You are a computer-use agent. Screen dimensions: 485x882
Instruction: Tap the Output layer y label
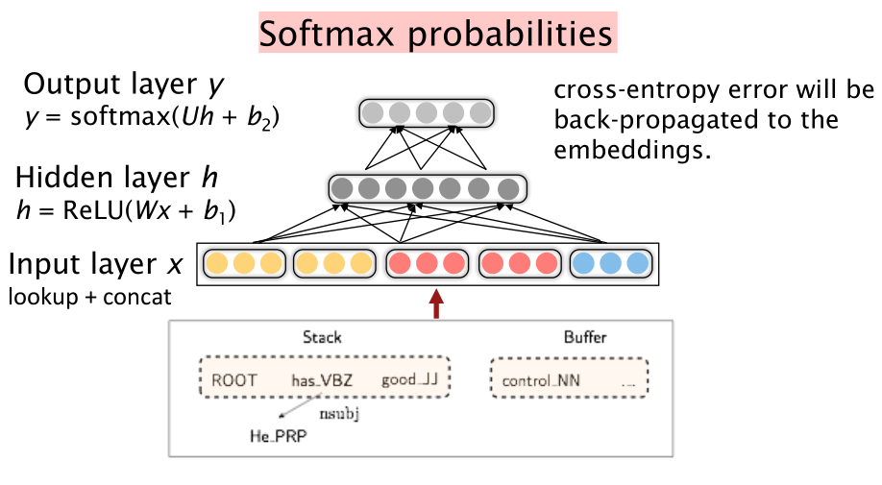pyautogui.click(x=124, y=85)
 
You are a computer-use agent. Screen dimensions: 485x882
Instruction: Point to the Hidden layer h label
pyautogui.click(x=115, y=178)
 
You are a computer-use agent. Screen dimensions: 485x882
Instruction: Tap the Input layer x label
pyautogui.click(x=97, y=264)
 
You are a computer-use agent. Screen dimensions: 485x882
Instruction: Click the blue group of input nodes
pyautogui.click(x=611, y=263)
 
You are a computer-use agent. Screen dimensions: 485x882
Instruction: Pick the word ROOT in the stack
pyautogui.click(x=234, y=380)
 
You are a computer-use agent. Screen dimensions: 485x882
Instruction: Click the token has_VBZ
pyautogui.click(x=322, y=380)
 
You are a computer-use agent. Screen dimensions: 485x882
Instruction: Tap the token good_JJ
pyautogui.click(x=409, y=380)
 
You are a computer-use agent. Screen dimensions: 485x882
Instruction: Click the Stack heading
pyautogui.click(x=322, y=337)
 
